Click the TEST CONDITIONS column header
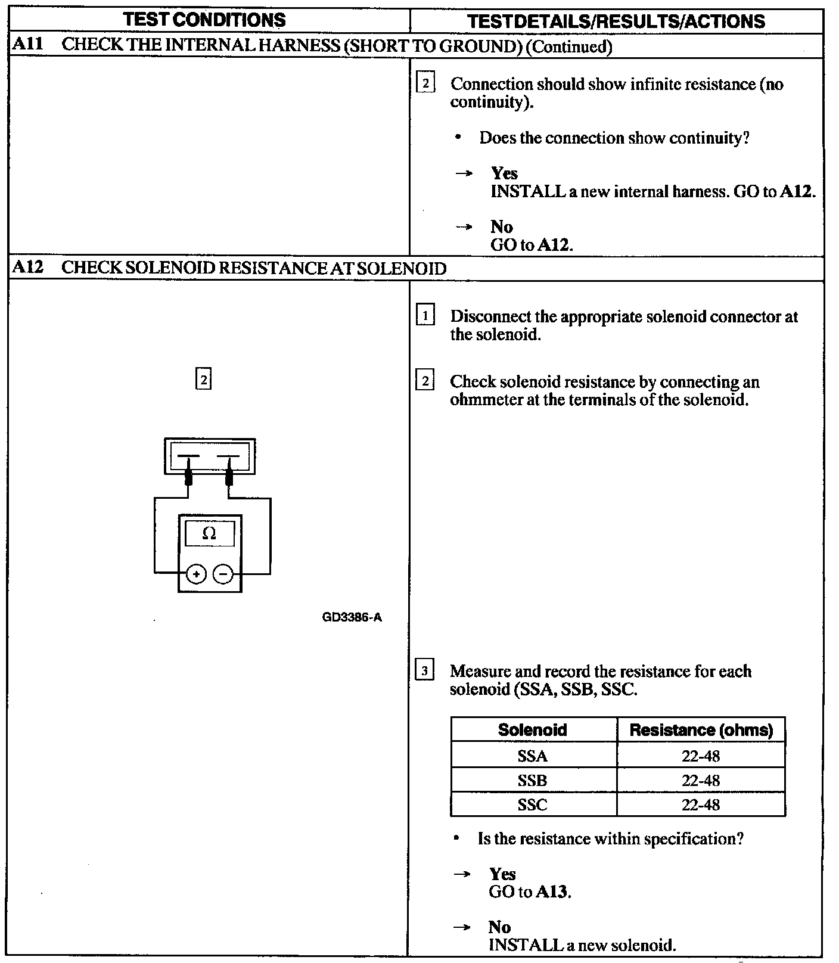pyautogui.click(x=204, y=20)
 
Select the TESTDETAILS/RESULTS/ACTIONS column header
pyautogui.click(x=616, y=21)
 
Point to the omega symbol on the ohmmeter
pyautogui.click(x=209, y=533)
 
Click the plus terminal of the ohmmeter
pyautogui.click(x=197, y=574)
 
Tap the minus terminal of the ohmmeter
pyautogui.click(x=223, y=574)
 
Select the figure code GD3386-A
pyautogui.click(x=352, y=617)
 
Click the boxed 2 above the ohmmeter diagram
pyautogui.click(x=204, y=379)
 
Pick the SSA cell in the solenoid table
pyautogui.click(x=533, y=756)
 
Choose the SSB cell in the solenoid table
pyautogui.click(x=533, y=781)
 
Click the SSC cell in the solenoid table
pyautogui.click(x=533, y=805)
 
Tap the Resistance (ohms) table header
pyautogui.click(x=701, y=730)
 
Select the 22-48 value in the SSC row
pyautogui.click(x=701, y=805)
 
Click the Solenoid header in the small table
pyautogui.click(x=533, y=730)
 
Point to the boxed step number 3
pyautogui.click(x=424, y=671)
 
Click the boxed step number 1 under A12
pyautogui.click(x=425, y=315)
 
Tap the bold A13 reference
pyautogui.click(x=552, y=892)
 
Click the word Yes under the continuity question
pyautogui.click(x=504, y=173)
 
